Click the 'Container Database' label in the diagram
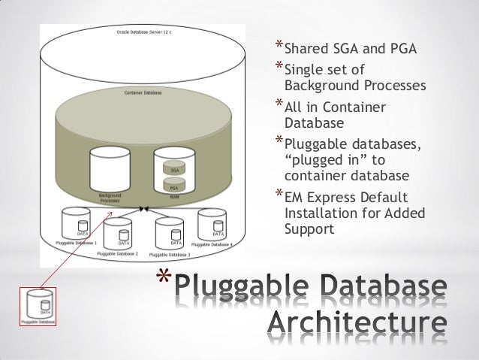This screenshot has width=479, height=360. click(x=143, y=93)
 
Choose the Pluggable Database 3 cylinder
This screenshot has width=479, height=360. click(x=170, y=234)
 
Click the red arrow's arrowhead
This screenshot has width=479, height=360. click(x=113, y=216)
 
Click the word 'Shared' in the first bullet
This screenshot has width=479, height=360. click(x=307, y=50)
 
